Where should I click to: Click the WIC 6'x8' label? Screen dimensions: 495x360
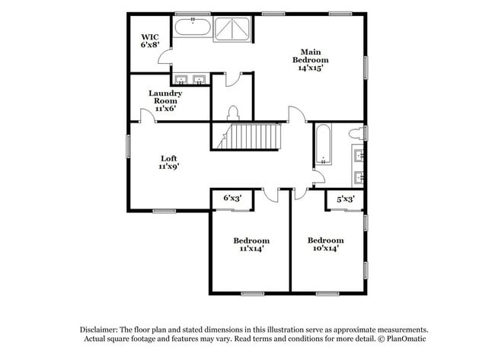coord(149,40)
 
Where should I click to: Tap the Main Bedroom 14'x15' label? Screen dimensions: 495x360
coord(310,60)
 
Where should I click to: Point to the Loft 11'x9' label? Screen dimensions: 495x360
coord(169,162)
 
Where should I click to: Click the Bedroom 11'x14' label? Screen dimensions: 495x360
coord(251,244)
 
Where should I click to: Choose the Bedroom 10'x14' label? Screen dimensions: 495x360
coord(326,244)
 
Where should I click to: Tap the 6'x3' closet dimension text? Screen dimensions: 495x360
coord(233,198)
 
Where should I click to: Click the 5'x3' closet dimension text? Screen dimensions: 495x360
coord(346,199)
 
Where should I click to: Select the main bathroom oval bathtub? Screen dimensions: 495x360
coord(193,27)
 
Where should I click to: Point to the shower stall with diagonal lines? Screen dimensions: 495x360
coord(232,29)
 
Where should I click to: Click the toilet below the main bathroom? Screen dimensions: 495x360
coord(233,113)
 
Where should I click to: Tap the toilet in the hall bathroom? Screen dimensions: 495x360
coord(356,133)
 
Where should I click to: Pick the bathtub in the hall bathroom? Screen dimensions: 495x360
coord(323,144)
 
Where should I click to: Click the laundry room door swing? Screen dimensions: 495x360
coord(148,115)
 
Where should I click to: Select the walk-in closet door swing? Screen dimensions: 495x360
coord(164,56)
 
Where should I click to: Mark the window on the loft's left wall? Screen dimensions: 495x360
coord(128,146)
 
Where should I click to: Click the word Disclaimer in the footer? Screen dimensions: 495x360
coord(99,330)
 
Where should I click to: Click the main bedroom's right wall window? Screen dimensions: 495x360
coord(366,68)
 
